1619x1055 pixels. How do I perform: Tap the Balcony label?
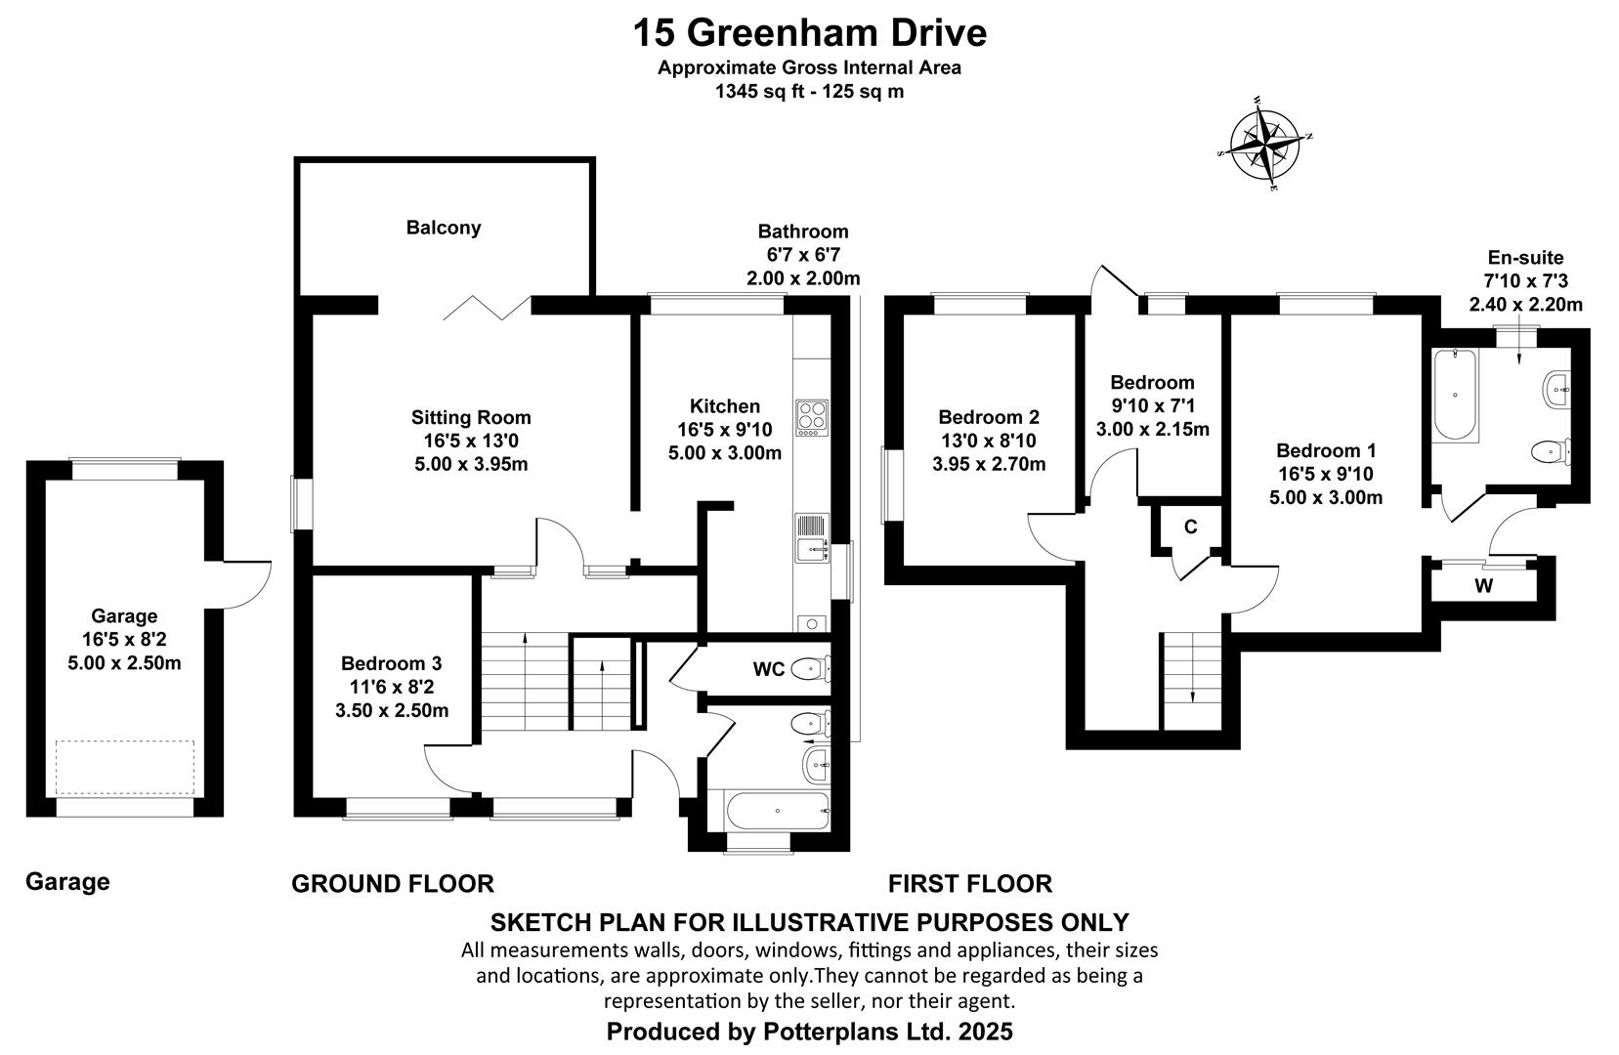(443, 228)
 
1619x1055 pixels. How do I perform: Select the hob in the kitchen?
(812, 418)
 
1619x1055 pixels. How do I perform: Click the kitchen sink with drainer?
(812, 537)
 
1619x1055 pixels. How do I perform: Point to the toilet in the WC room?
(810, 669)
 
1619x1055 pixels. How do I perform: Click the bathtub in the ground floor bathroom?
(778, 811)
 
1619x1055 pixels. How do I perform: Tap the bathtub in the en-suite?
(1455, 395)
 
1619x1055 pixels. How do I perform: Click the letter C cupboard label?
(1190, 527)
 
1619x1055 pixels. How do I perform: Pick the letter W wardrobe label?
(1484, 586)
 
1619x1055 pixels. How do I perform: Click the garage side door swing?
(248, 584)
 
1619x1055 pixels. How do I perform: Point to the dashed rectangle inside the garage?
(125, 768)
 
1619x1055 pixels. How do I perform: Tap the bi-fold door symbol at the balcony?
(487, 308)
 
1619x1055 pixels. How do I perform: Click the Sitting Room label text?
(471, 418)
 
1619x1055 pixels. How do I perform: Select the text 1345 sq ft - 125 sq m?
(809, 92)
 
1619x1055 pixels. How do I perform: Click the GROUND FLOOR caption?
(393, 883)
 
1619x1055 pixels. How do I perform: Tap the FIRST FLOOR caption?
(970, 883)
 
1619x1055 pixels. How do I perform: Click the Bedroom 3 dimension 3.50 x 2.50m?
(392, 710)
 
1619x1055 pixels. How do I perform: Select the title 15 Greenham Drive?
(809, 33)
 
